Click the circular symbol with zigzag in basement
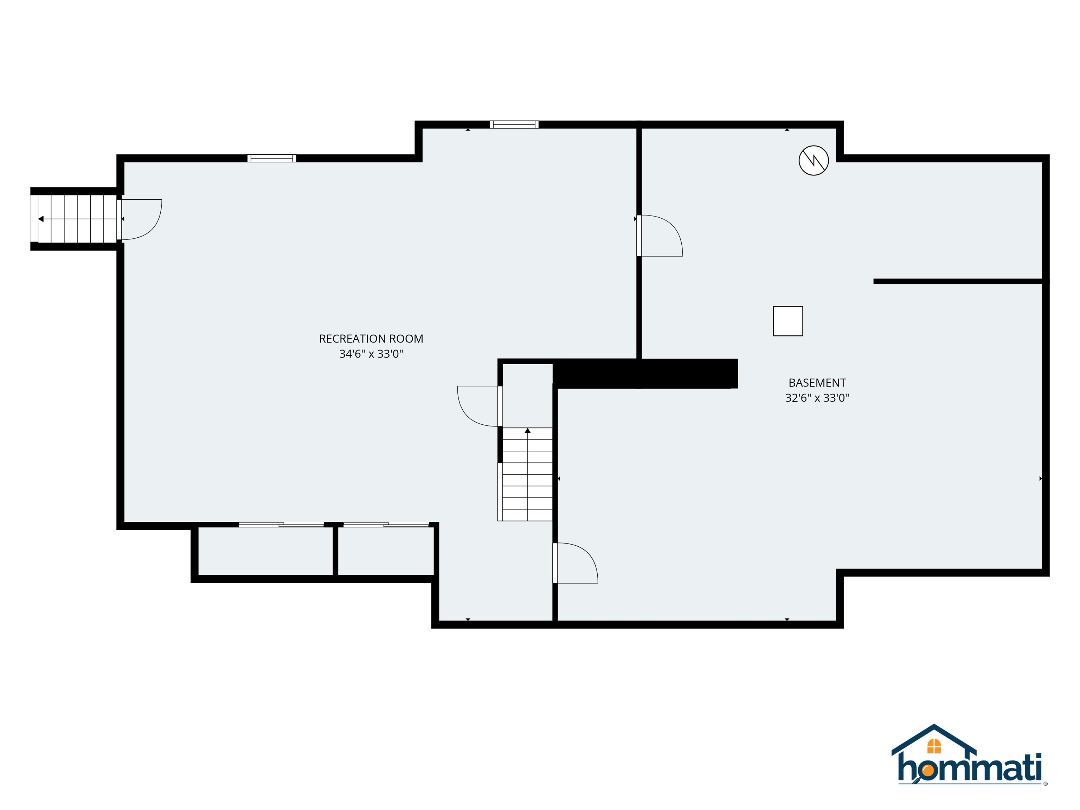(x=814, y=161)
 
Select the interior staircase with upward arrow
(x=527, y=476)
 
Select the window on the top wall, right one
(x=514, y=124)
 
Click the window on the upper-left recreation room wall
(x=271, y=158)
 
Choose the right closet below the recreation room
(x=386, y=552)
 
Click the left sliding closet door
(x=281, y=525)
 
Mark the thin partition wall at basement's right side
(x=958, y=281)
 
